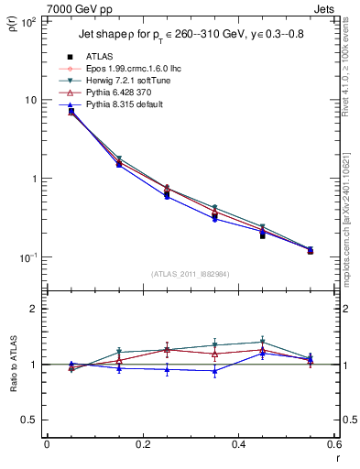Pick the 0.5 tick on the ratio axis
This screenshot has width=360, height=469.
tap(29, 420)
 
